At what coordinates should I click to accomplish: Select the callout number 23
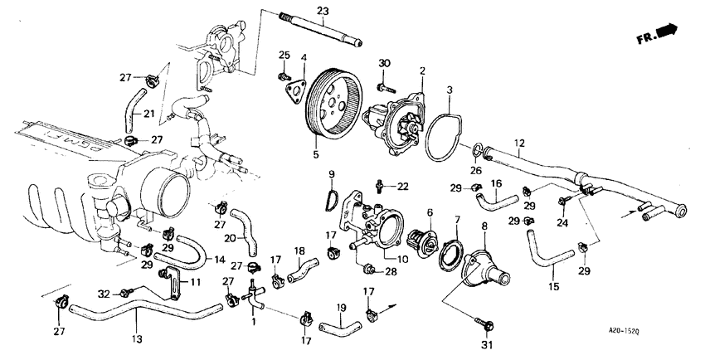click(x=323, y=10)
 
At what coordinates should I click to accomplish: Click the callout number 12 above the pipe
click(x=519, y=143)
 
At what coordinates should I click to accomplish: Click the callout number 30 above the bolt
click(x=384, y=65)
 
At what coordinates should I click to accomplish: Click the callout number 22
click(x=403, y=185)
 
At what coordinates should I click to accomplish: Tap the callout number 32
click(x=105, y=293)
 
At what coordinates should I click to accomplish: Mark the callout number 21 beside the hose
click(x=150, y=114)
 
